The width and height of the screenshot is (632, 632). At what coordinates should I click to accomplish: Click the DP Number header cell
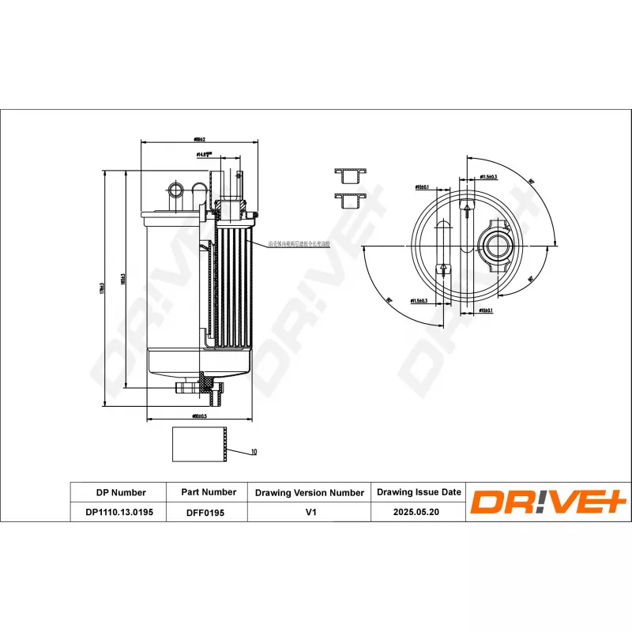[x=119, y=492]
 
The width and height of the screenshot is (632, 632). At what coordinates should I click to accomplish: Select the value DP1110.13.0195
[x=119, y=513]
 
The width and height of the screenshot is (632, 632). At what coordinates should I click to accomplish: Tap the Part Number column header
[x=208, y=492]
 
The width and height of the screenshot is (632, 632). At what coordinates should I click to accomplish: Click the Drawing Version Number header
[x=309, y=492]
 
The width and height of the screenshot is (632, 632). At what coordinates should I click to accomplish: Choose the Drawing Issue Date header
[x=418, y=492]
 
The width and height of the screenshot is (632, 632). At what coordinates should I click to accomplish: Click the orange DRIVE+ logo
[x=548, y=502]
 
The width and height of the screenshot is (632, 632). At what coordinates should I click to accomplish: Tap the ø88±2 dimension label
[x=199, y=139]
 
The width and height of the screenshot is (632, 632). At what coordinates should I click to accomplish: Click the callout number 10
[x=254, y=452]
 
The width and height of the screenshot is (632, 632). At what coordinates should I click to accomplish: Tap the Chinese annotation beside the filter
[x=298, y=246]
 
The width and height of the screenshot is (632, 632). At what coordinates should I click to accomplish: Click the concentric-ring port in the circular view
[x=498, y=245]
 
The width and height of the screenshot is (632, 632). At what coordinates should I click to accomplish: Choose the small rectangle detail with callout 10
[x=199, y=444]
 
